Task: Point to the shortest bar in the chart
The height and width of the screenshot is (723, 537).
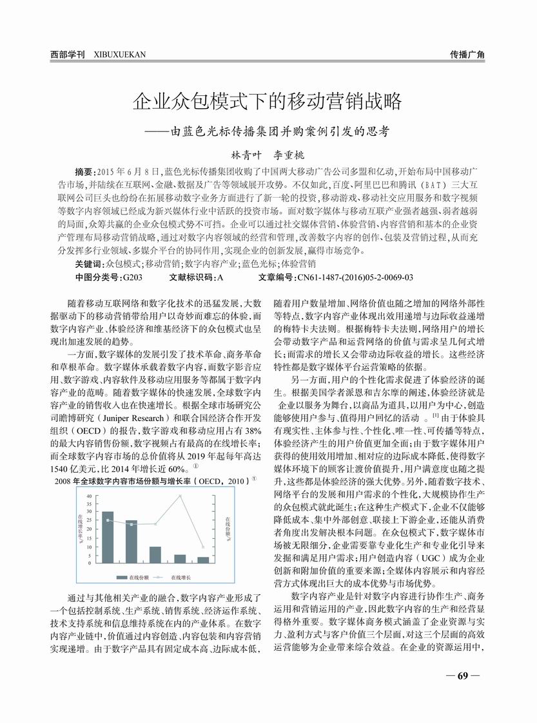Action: (x=203, y=559)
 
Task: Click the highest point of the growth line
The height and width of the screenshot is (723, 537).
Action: (x=179, y=496)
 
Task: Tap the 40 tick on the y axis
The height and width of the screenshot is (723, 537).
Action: (x=90, y=496)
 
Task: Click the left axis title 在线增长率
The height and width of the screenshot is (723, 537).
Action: (x=80, y=529)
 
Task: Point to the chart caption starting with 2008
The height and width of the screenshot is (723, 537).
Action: (x=155, y=480)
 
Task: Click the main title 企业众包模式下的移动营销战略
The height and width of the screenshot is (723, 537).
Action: (x=268, y=101)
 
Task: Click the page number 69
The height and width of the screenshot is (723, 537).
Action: (x=462, y=676)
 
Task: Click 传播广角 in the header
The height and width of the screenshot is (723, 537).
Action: (x=467, y=55)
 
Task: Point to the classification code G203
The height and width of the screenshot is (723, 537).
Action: (x=131, y=277)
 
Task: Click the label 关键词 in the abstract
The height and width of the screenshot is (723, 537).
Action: (x=89, y=264)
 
